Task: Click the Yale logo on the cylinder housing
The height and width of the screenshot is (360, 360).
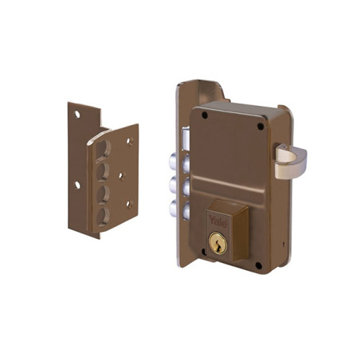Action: [218, 221]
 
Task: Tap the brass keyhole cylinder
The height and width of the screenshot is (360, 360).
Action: [217, 243]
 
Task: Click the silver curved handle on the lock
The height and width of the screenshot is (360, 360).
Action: [291, 160]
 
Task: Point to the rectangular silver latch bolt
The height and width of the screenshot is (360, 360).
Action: [186, 138]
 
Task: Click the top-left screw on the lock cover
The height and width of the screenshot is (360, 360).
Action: [205, 115]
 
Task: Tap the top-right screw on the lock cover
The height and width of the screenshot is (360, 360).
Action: [260, 127]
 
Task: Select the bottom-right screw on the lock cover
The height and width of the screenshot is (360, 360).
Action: [258, 265]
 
